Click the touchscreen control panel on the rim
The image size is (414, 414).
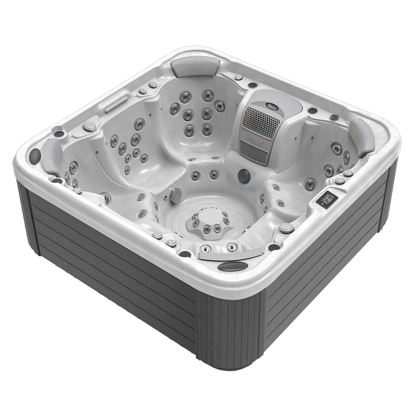(326, 199)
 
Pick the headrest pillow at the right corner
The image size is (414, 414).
(361, 137)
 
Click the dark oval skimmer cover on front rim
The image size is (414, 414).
(233, 266)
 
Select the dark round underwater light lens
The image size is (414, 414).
(244, 176)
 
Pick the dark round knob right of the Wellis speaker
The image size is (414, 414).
(334, 117)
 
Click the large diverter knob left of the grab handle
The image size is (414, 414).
(90, 126)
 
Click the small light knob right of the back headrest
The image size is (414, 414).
(238, 77)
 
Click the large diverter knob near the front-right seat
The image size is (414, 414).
(286, 228)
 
